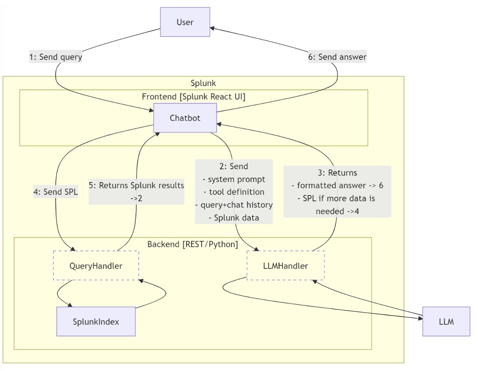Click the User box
(185, 22)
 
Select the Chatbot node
(185, 118)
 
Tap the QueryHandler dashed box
(96, 265)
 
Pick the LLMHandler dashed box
(285, 265)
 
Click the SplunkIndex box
(96, 322)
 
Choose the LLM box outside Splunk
(446, 322)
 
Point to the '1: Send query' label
(56, 57)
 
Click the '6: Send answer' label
(337, 57)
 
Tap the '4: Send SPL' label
(56, 192)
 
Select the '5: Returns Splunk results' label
(136, 185)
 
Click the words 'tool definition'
(236, 192)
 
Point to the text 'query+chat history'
(237, 205)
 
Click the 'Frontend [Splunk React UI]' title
(194, 96)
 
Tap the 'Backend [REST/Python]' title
(193, 244)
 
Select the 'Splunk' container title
(203, 83)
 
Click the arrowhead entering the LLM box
(420, 318)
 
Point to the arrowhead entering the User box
(212, 28)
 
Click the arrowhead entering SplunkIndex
(70, 305)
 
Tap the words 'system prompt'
(236, 179)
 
